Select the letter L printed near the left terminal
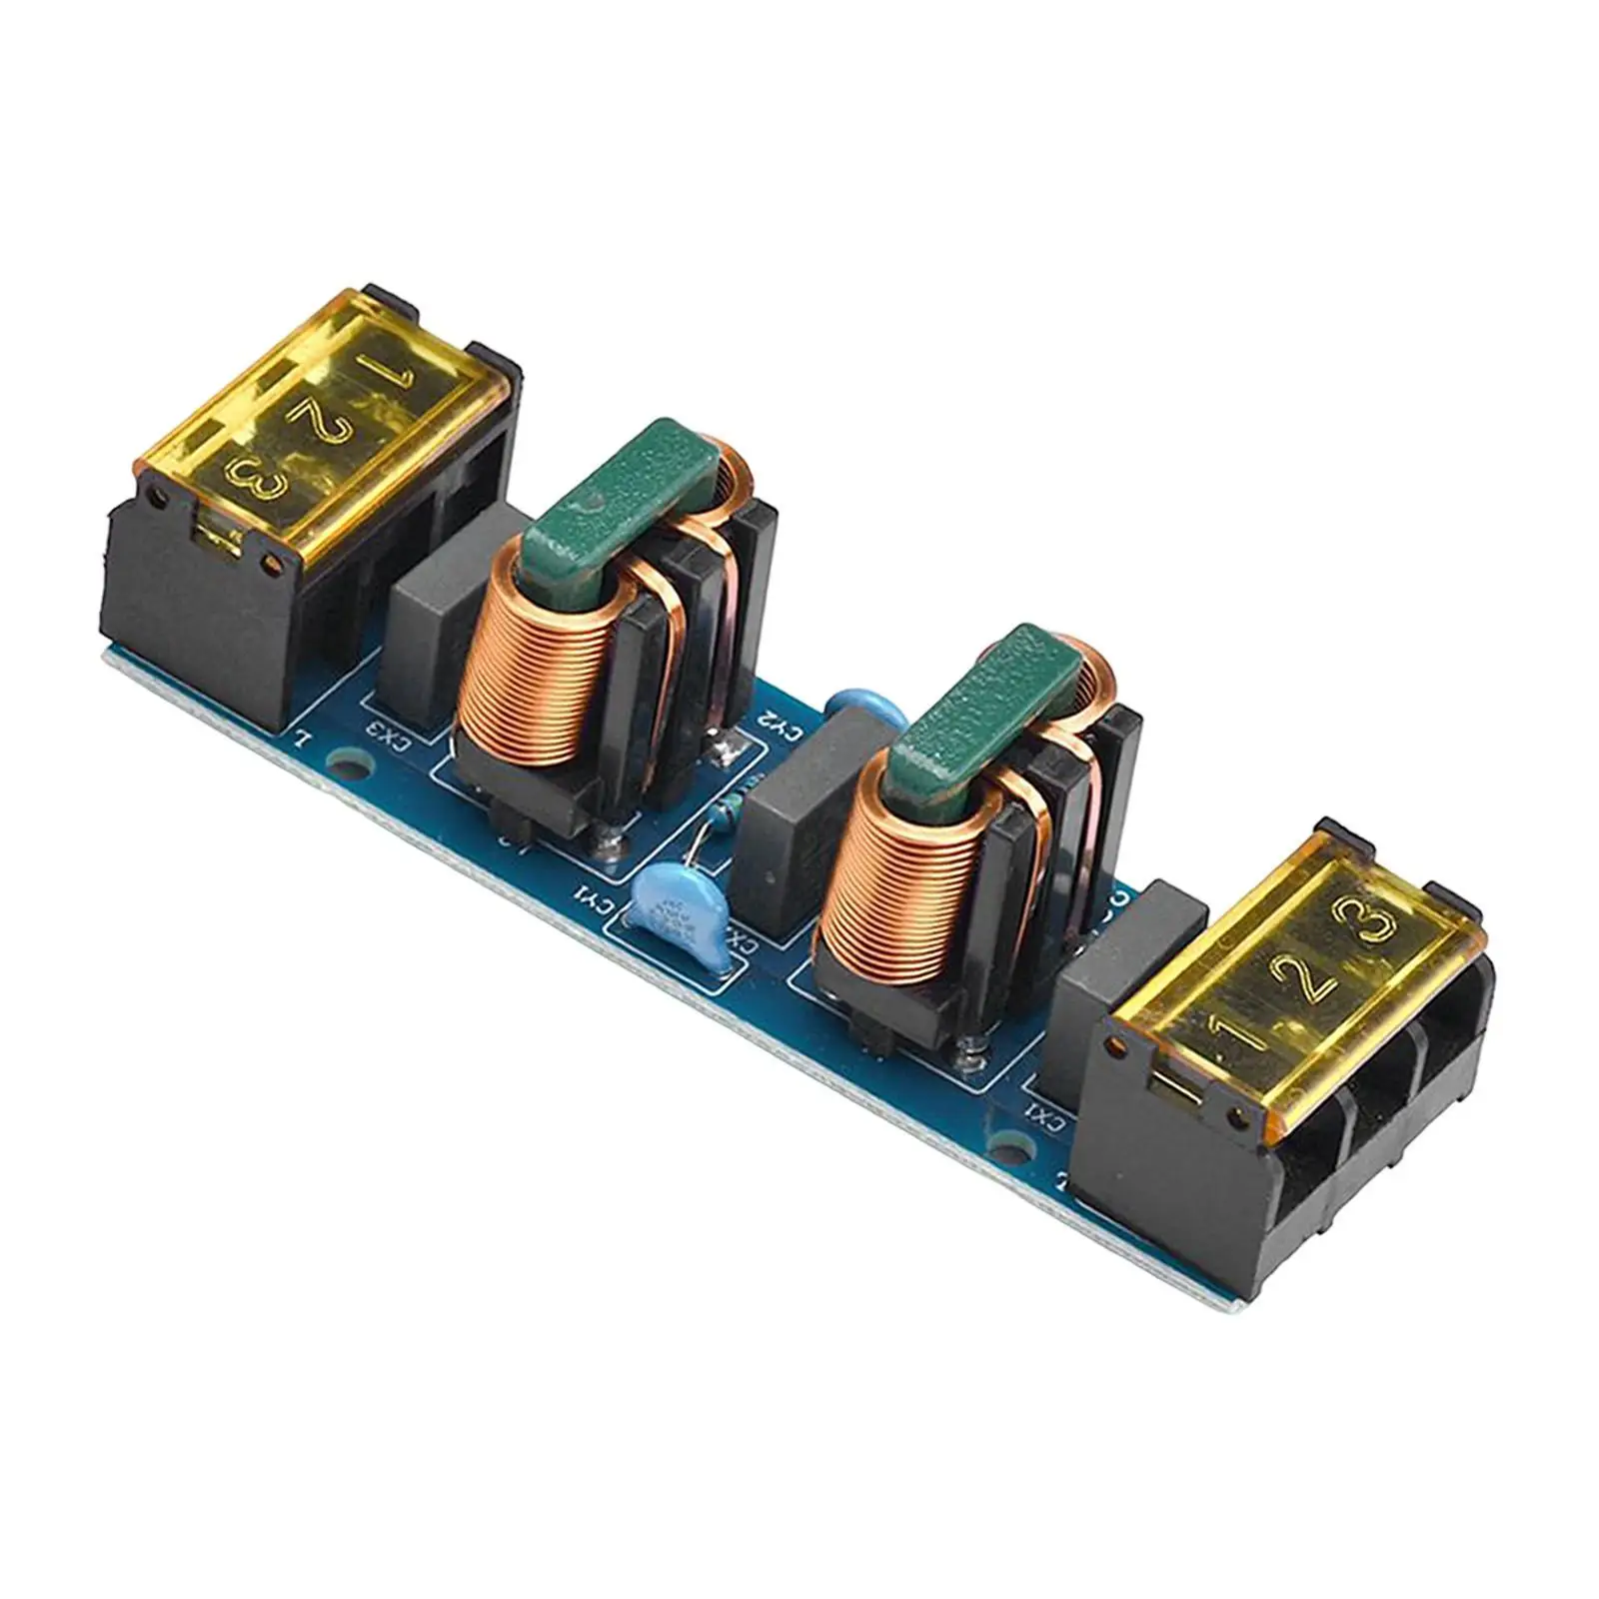point(299,741)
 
